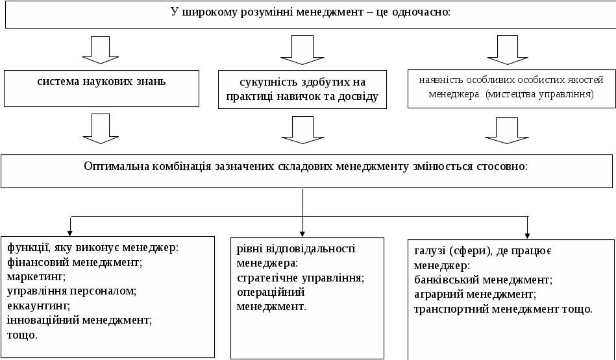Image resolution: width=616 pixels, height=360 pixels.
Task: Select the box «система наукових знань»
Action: click(x=101, y=89)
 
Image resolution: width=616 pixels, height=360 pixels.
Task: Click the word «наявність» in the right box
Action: click(x=438, y=80)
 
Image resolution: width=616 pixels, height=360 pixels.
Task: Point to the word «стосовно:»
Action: click(x=502, y=165)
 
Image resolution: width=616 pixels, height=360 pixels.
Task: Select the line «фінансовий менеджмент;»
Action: click(x=74, y=262)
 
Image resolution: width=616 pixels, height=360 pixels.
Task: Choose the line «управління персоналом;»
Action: click(x=71, y=291)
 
